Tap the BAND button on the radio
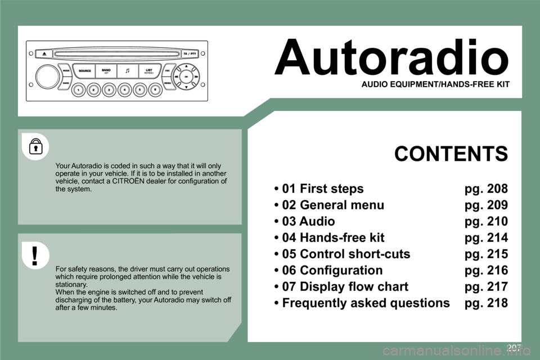[x=106, y=71]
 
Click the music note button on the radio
[x=128, y=71]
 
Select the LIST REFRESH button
[x=149, y=71]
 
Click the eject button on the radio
[x=44, y=53]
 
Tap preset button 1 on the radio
[x=79, y=89]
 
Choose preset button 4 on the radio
[x=124, y=89]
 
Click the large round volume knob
[x=47, y=76]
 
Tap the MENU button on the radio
[x=167, y=83]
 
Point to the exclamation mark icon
[x=35, y=255]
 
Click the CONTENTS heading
[x=451, y=154]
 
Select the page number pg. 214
[x=486, y=237]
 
